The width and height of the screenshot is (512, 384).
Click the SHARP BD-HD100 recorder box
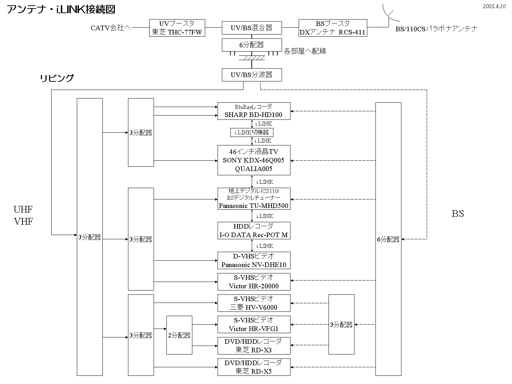[254, 111]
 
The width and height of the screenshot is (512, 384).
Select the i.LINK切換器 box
[252, 133]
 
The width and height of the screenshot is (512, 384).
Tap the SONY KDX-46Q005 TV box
[254, 160]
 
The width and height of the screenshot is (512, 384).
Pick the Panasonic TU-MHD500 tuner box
[254, 198]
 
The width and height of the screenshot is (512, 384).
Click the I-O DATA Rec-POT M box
[254, 230]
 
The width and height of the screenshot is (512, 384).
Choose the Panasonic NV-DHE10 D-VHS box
[254, 260]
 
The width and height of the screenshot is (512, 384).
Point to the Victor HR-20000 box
[254, 282]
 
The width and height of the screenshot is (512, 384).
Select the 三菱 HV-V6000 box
[254, 303]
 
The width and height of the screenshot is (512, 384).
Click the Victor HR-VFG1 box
[254, 324]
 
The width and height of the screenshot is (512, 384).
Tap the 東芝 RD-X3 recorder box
[254, 346]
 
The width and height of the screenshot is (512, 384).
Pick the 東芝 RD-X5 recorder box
[254, 367]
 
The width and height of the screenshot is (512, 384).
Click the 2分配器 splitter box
[179, 335]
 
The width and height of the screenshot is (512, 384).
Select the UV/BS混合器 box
[252, 28]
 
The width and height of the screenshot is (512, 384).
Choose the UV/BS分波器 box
[252, 75]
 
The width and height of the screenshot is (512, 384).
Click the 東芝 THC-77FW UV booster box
[177, 28]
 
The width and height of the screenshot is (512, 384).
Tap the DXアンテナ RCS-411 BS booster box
[333, 28]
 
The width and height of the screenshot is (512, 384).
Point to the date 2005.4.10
[494, 6]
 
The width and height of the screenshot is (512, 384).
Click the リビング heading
[57, 78]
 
